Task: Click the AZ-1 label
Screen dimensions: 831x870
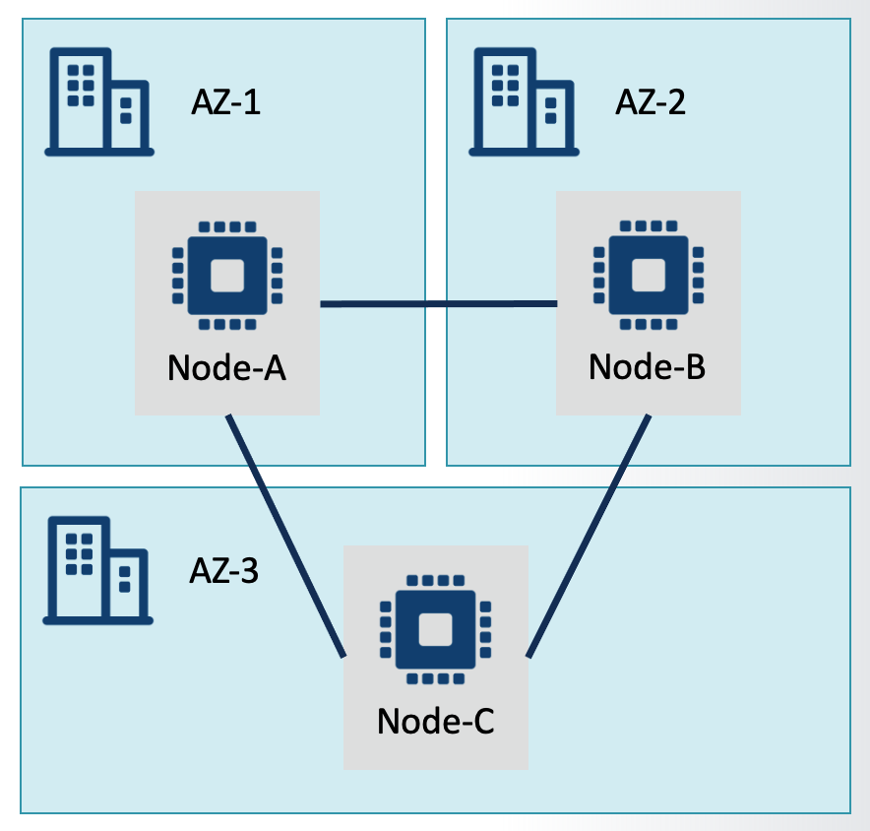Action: (225, 102)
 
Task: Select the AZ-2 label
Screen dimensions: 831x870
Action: (651, 101)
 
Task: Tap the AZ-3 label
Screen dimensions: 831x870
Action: (223, 571)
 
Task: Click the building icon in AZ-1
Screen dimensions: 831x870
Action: (98, 104)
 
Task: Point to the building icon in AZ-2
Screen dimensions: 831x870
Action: (523, 104)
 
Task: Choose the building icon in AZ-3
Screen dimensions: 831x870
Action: (97, 573)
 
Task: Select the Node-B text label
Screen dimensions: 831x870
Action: (648, 366)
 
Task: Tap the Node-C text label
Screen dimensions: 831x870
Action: (435, 722)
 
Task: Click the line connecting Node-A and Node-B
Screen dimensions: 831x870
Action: (439, 304)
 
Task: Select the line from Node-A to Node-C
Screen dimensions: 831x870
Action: (286, 536)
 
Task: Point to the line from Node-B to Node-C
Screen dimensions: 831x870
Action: (589, 536)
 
